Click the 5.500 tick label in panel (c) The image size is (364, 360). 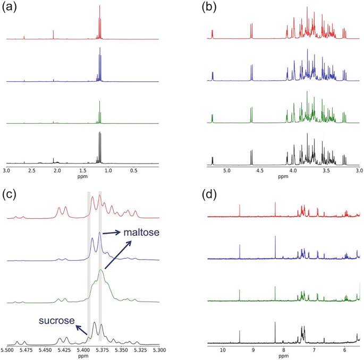(7, 350)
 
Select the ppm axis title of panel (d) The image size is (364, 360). (283, 356)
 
